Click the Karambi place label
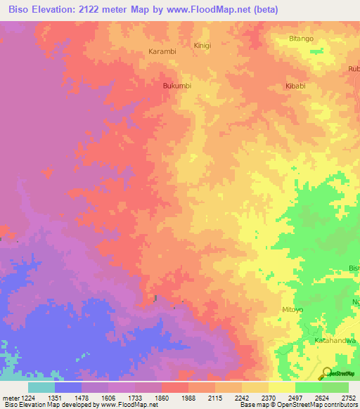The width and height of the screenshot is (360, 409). point(162,51)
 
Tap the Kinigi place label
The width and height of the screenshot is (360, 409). point(202,45)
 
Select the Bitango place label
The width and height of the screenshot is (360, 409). point(301,39)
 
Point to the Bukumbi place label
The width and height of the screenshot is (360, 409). point(177,86)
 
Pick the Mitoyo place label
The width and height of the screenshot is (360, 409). point(292,309)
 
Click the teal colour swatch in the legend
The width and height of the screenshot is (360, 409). point(41,387)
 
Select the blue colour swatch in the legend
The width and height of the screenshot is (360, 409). point(67,387)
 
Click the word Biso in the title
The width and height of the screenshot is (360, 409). point(18,10)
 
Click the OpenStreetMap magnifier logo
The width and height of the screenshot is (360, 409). point(326,372)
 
